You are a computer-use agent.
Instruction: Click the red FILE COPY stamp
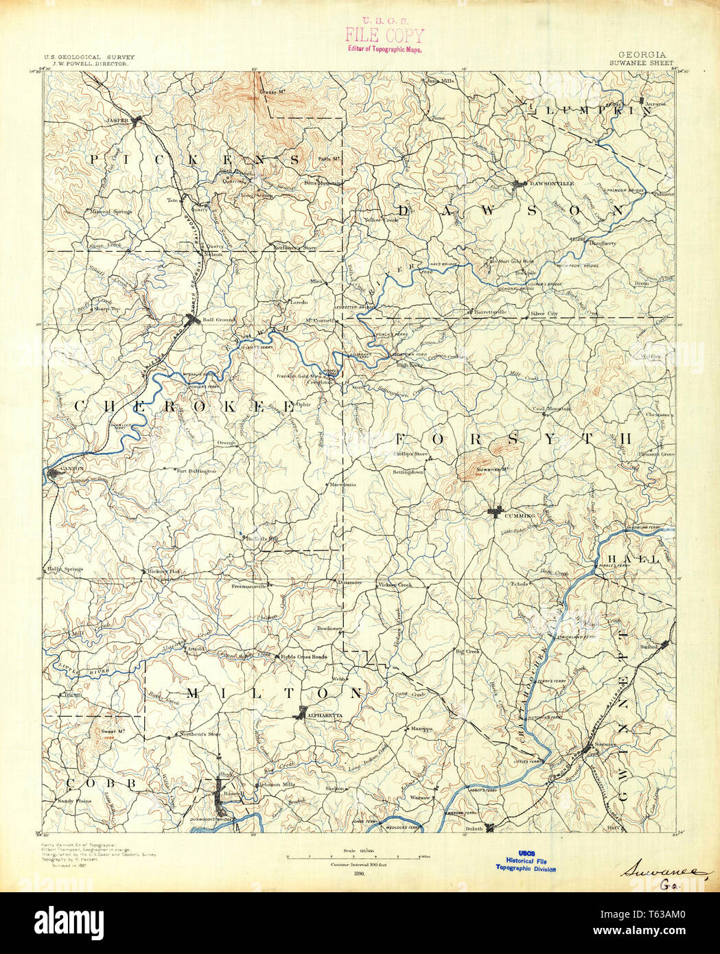(x=384, y=35)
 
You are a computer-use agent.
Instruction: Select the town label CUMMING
(x=519, y=515)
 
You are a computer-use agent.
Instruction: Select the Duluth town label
(x=473, y=828)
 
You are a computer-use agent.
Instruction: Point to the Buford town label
(x=649, y=646)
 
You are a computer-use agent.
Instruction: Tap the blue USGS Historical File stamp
(x=525, y=863)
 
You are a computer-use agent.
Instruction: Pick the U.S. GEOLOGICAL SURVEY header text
(x=89, y=57)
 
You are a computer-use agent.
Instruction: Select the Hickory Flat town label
(x=163, y=571)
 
